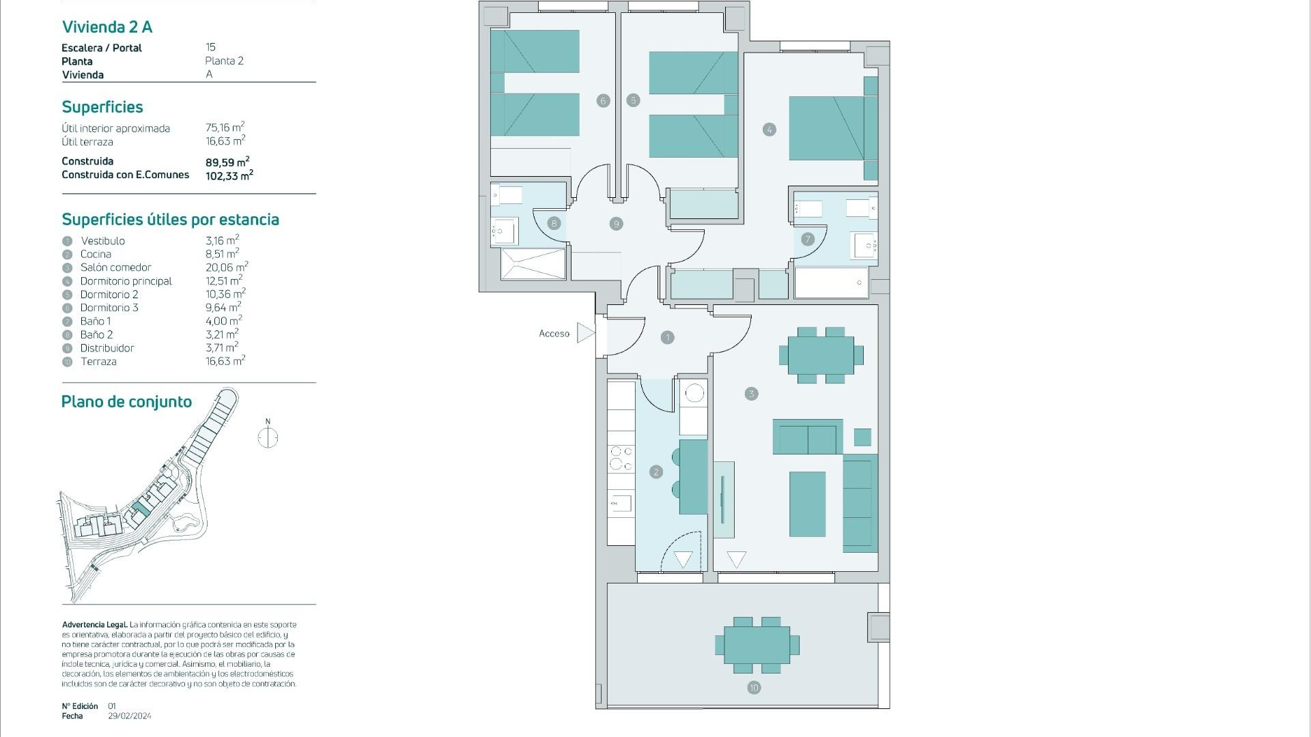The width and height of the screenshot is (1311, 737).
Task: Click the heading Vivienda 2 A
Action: point(107,27)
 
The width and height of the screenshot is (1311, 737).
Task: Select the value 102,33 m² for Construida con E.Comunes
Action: point(229,175)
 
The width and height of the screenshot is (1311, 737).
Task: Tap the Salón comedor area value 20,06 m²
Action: point(226,268)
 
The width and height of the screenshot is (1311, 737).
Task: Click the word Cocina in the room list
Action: point(96,254)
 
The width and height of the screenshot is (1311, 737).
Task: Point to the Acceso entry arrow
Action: point(585,333)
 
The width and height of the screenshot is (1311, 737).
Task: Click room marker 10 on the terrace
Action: point(754,688)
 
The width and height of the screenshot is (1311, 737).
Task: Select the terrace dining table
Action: point(757,645)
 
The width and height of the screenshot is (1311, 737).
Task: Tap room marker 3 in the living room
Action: point(751,394)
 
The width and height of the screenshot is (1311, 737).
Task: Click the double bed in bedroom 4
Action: point(828,128)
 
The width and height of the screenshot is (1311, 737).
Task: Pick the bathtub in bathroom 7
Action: point(831,282)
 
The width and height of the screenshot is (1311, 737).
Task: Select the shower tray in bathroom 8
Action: point(533,263)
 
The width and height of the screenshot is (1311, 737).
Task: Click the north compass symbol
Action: point(268,437)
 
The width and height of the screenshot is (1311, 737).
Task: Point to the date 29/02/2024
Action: point(130,716)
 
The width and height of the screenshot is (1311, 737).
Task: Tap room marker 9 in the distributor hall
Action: point(616,224)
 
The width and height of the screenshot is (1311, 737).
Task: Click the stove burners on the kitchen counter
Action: point(621,458)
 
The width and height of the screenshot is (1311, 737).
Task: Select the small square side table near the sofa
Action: point(862,437)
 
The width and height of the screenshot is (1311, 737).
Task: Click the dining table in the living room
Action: point(821,355)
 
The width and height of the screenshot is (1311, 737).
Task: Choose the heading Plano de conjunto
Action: point(126,402)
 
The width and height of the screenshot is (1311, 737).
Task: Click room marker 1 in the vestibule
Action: point(667,337)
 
